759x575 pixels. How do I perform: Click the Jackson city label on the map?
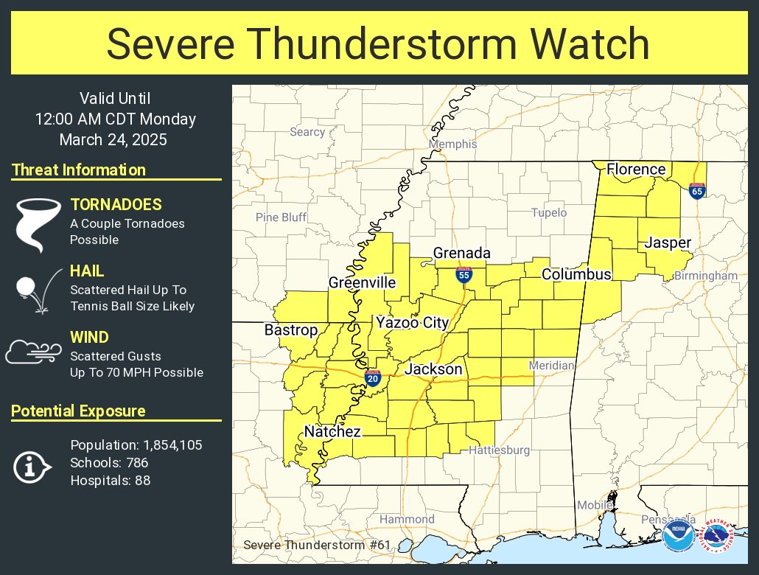click(x=433, y=369)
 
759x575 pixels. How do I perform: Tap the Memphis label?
click(x=452, y=144)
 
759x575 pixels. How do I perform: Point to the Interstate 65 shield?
click(x=696, y=190)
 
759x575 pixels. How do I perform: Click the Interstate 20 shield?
click(x=373, y=377)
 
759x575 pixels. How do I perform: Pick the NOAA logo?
click(x=677, y=538)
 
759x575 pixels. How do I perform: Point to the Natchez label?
click(x=332, y=432)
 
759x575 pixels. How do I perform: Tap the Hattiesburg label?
click(x=499, y=450)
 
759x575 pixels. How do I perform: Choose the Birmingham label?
click(x=705, y=276)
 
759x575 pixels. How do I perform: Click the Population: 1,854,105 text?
click(x=136, y=445)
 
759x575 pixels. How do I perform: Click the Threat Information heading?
click(x=79, y=170)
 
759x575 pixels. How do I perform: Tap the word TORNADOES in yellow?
click(x=116, y=205)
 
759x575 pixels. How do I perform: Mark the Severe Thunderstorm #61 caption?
click(x=317, y=545)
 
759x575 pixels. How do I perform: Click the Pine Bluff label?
click(x=281, y=217)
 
